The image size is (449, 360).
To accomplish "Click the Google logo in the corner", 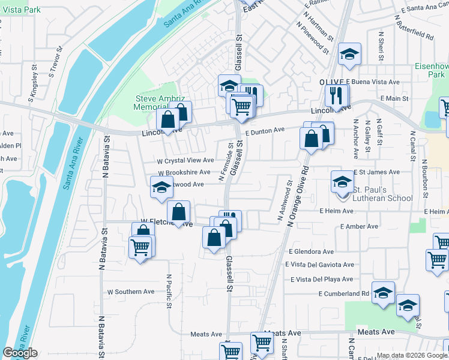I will point(20,353).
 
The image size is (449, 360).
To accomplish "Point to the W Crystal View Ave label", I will point(185,160).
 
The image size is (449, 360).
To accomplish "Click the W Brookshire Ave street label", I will point(184,172).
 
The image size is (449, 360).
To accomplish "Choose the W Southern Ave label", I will point(131,292).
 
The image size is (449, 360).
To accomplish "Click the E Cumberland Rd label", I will point(344,293).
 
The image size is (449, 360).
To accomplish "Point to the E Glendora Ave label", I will point(311,252).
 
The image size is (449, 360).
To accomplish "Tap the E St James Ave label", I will point(376,172).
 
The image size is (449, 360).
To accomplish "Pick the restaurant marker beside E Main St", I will point(334,94).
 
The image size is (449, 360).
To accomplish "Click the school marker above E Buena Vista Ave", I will point(348,54).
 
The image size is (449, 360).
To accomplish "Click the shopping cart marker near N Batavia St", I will point(140,246).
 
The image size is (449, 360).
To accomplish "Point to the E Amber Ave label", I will point(359,227).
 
